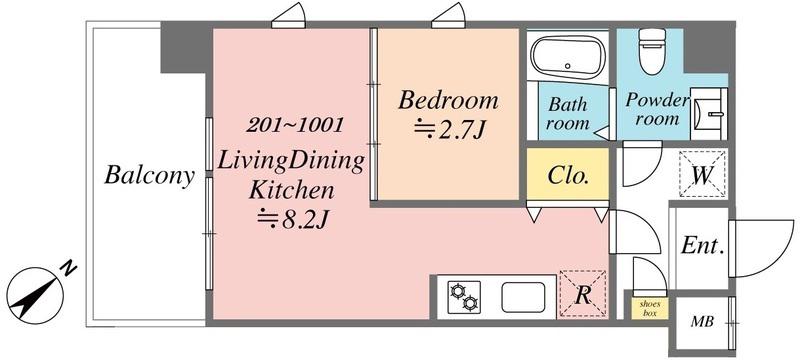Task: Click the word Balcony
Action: tap(149, 176)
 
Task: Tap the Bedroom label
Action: tap(448, 100)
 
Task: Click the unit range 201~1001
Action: tap(295, 125)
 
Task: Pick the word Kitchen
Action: tap(291, 191)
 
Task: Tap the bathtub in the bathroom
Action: tap(567, 55)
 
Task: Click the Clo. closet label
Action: tap(568, 176)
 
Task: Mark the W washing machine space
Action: tap(702, 174)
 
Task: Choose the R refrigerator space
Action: tap(583, 295)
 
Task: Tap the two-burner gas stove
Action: tap(464, 297)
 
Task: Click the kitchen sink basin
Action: tap(523, 297)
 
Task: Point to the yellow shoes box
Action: tap(649, 308)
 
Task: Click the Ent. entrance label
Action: tap(703, 247)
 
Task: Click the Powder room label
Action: tap(656, 109)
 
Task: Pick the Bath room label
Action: tap(568, 114)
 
